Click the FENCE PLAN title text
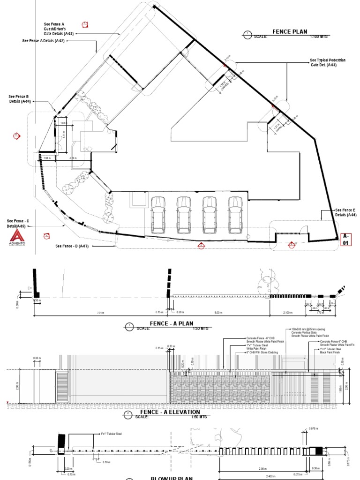pyautogui.click(x=290, y=32)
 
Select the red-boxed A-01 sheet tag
pyautogui.click(x=346, y=240)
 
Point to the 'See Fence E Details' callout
pyautogui.click(x=346, y=212)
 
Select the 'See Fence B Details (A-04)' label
pyautogui.click(x=19, y=99)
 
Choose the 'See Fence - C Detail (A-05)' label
pyautogui.click(x=18, y=223)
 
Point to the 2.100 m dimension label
pyautogui.click(x=287, y=312)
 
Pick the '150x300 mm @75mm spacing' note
pyautogui.click(x=305, y=330)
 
